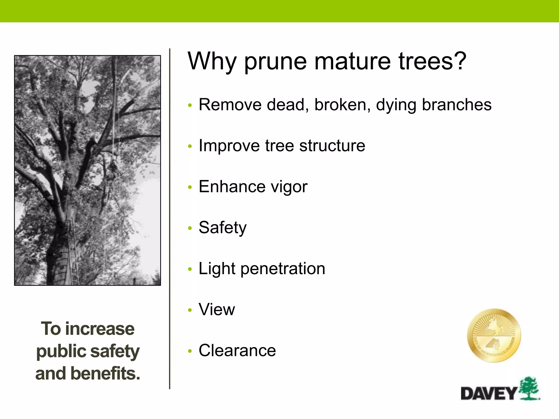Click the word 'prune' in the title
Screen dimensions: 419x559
point(275,61)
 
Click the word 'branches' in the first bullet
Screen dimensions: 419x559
point(457,104)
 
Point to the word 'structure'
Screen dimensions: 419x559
point(332,145)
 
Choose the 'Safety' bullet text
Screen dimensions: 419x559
point(222,228)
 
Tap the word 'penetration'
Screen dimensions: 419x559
point(283,269)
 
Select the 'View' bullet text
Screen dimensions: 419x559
point(217,309)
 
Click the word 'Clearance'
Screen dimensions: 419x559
point(237,350)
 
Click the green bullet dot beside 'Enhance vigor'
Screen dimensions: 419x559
point(190,187)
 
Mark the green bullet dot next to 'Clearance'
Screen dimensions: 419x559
point(190,351)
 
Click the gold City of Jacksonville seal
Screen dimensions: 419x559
point(494,336)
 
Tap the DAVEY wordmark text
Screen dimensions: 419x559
point(489,393)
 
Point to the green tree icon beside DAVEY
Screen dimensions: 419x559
point(529,389)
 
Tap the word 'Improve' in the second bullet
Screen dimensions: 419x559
point(229,146)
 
